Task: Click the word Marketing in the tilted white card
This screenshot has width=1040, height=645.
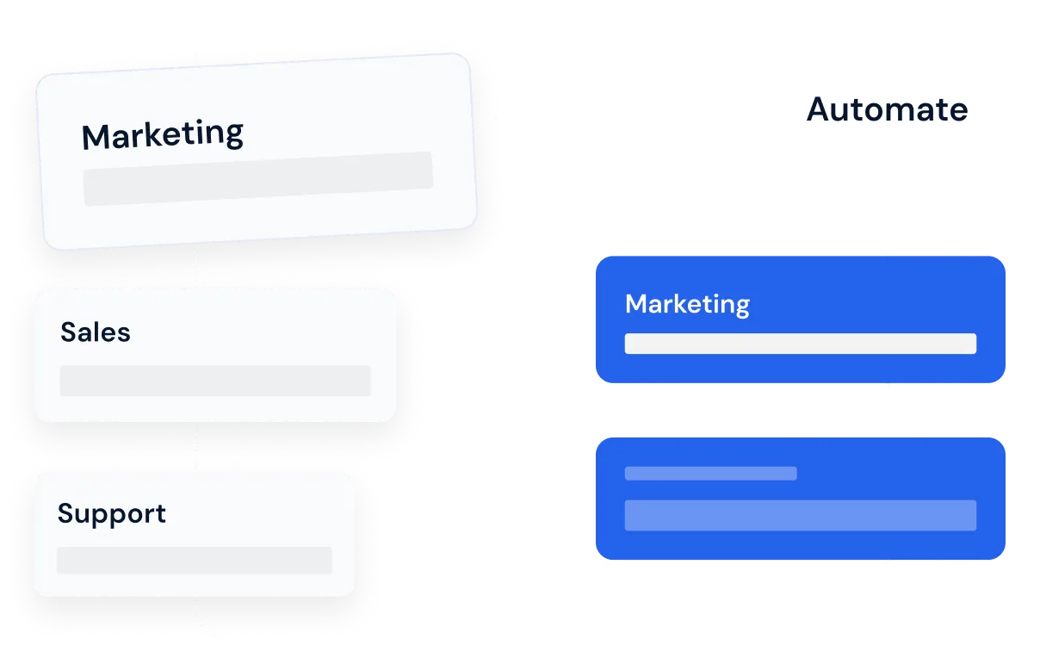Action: point(163,135)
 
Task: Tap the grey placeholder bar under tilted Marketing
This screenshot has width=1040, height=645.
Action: point(257,178)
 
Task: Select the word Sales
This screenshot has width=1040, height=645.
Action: point(96,332)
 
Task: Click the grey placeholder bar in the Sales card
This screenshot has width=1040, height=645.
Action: point(215,381)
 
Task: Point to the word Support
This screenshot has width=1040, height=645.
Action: point(112,514)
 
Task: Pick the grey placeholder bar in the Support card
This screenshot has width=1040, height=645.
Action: point(195,560)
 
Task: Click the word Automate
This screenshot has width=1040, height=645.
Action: point(887,109)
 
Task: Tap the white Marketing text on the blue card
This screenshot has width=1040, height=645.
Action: point(687,304)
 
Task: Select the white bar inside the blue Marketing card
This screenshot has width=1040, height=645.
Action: point(800,344)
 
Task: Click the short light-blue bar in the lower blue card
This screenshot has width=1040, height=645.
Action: point(710,473)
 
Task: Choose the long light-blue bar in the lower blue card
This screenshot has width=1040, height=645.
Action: point(800,515)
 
